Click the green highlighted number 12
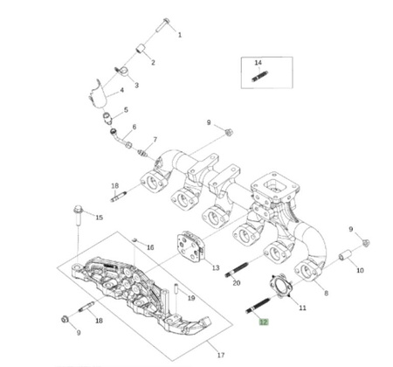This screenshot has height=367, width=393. [264, 322]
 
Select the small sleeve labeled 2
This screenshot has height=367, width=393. [141, 48]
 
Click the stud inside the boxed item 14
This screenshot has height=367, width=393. [259, 76]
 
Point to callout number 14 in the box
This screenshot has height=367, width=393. [259, 63]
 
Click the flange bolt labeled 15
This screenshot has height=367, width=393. [79, 215]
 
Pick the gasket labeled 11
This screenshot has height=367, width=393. [280, 285]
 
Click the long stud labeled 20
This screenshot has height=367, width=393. [237, 270]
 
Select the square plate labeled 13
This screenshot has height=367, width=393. [190, 246]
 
